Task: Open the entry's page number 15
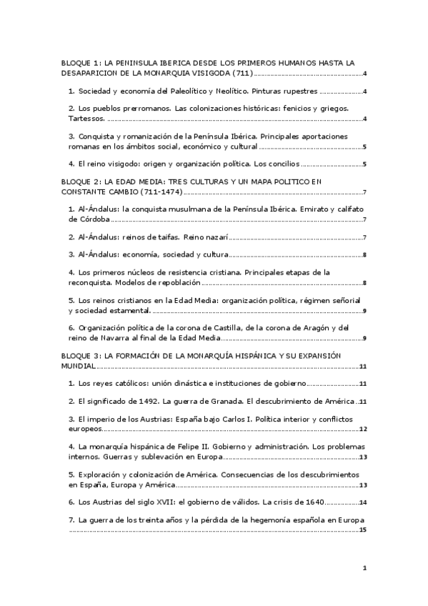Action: coord(362,530)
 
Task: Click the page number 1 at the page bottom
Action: coord(364,569)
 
